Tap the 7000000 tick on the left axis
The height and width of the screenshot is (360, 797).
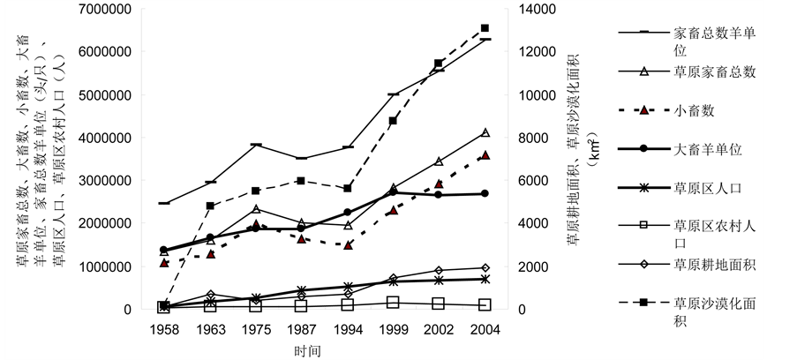[104, 9]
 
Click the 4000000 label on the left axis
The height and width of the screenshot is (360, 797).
[104, 138]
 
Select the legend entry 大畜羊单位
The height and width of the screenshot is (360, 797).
[707, 149]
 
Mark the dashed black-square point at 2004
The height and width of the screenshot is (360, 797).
[485, 28]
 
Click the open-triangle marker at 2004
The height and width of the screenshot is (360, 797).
[485, 132]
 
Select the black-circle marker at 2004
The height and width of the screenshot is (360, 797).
[485, 193]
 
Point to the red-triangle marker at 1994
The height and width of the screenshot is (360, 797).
[347, 244]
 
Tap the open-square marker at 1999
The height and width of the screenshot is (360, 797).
[393, 302]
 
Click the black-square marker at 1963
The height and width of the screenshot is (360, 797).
[209, 206]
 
